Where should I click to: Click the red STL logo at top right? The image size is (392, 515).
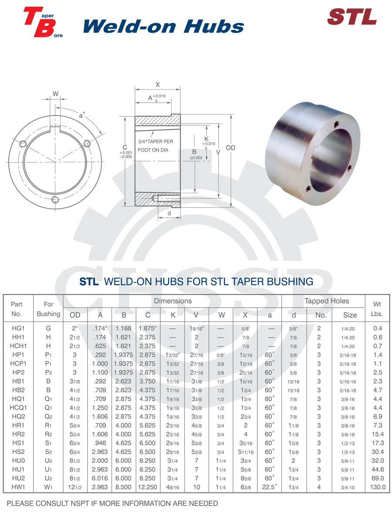click(x=352, y=17)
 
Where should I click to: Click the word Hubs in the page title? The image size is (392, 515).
click(x=214, y=26)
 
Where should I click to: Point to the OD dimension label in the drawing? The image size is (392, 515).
click(x=231, y=148)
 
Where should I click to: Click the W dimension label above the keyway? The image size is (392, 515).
click(x=55, y=94)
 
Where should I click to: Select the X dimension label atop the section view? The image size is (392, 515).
click(x=157, y=84)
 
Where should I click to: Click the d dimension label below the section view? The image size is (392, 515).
click(x=169, y=213)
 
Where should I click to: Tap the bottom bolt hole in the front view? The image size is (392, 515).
click(x=55, y=199)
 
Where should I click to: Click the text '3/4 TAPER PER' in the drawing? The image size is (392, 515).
click(x=155, y=141)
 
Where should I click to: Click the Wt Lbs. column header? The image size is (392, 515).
click(x=377, y=309)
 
